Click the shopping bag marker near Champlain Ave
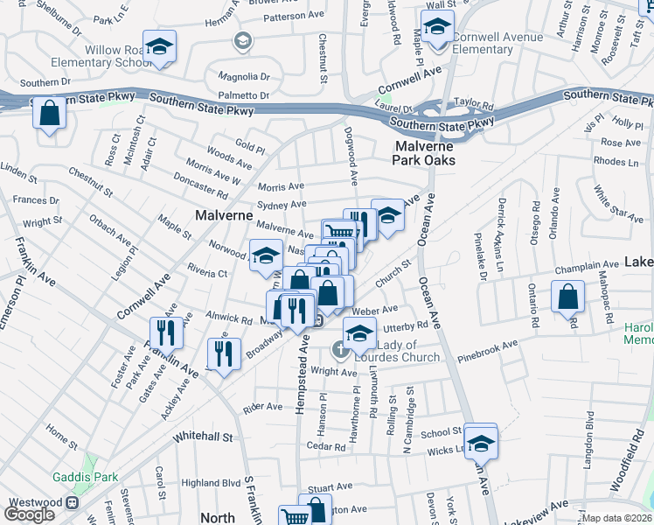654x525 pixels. coord(568,297)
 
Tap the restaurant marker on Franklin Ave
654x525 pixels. coord(163,332)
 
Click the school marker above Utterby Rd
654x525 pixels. coord(358,333)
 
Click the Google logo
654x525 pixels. coord(29,514)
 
